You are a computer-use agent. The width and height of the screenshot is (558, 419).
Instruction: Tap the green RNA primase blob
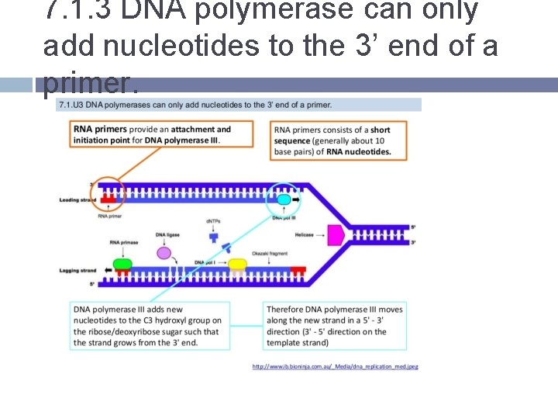pos(122,265)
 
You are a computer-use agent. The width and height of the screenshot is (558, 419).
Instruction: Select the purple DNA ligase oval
pos(164,252)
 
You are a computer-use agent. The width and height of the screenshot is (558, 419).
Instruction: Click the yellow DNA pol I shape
pos(237,265)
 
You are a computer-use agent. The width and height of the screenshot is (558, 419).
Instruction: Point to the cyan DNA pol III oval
pos(284,200)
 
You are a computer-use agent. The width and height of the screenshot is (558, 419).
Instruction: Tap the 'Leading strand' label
pos(77,200)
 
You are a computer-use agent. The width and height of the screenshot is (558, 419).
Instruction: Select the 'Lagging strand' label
pos(77,271)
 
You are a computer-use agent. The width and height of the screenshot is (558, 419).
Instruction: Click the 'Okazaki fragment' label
pos(270,254)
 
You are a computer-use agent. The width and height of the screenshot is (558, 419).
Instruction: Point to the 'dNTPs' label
pos(213,221)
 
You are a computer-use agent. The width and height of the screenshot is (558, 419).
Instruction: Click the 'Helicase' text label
pos(303,234)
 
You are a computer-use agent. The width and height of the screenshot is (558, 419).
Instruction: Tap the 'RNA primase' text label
pos(124,242)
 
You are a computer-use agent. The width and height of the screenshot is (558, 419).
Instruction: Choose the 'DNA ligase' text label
pos(167,234)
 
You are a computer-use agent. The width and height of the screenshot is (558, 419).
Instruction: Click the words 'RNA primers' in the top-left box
pos(95,130)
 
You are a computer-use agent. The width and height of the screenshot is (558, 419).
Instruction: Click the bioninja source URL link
pos(335,366)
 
